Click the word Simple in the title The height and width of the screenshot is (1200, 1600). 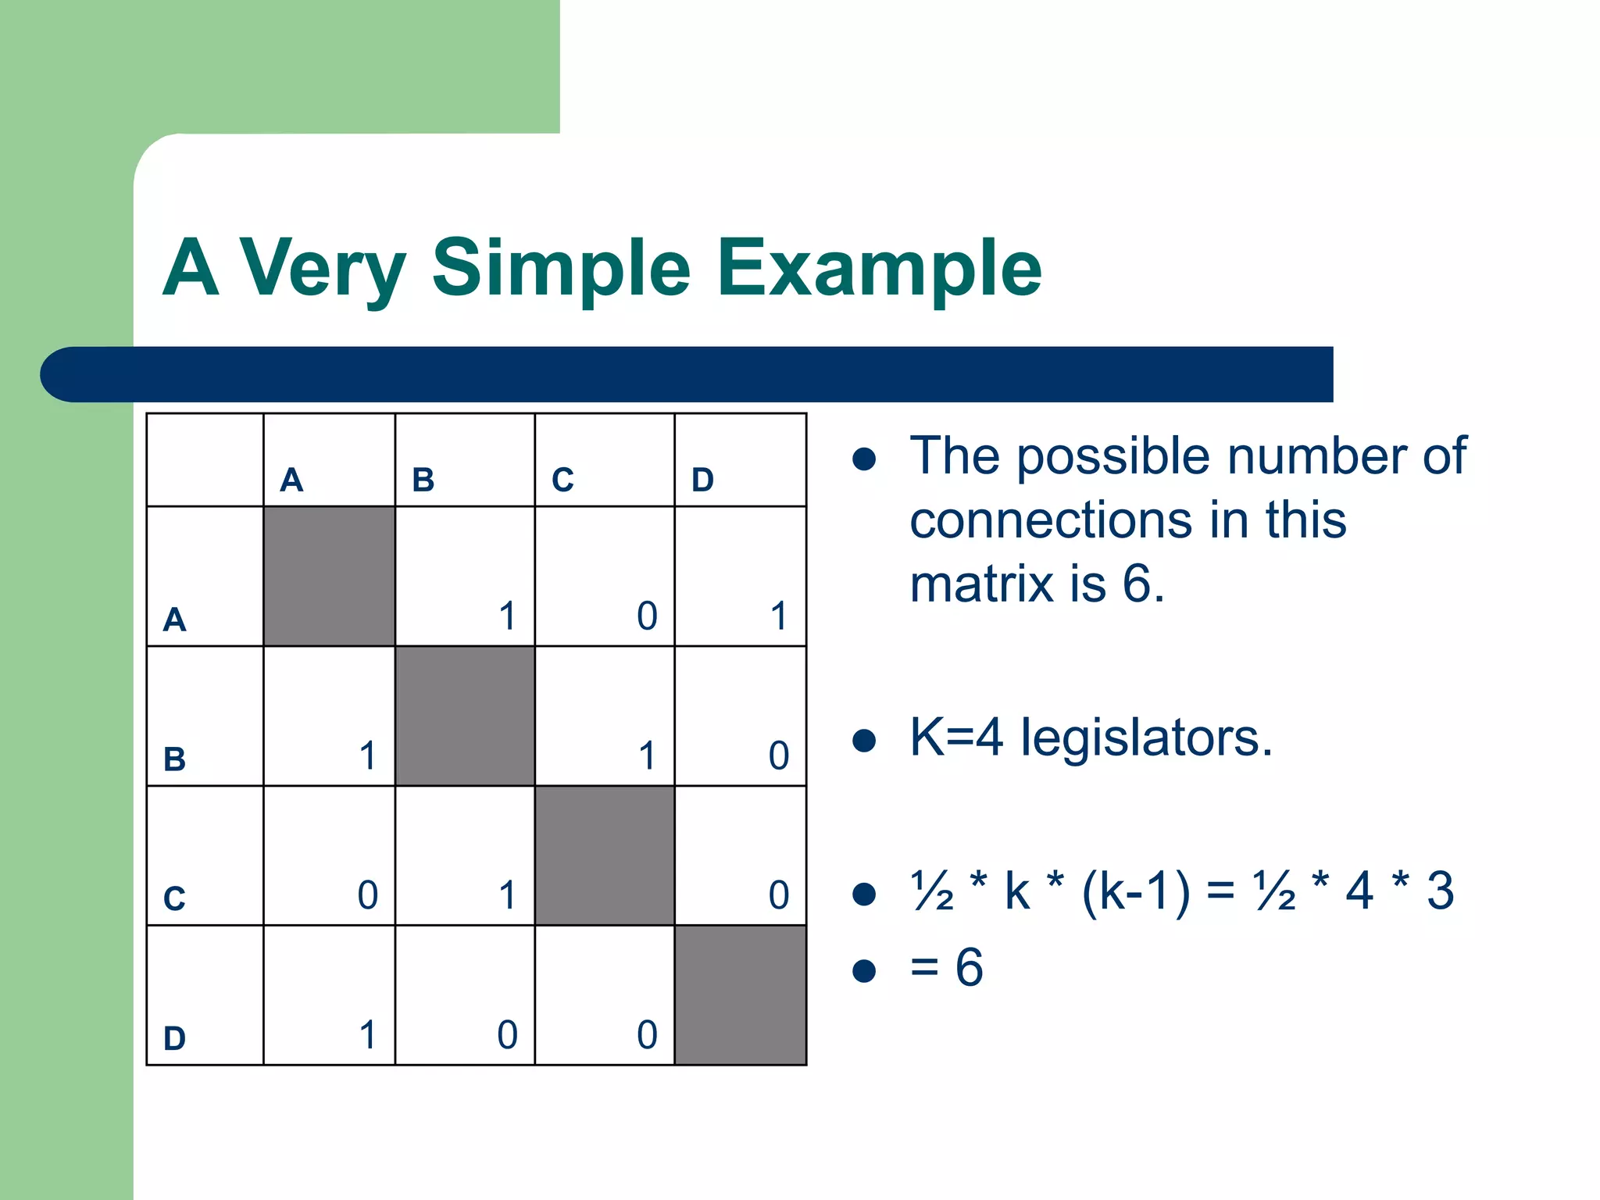point(561,270)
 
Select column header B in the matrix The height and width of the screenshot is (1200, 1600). point(423,480)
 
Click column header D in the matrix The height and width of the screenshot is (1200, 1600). point(702,480)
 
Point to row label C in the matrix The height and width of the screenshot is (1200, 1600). point(174,898)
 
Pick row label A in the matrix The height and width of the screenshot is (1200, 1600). point(174,620)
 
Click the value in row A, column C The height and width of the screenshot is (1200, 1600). point(647,616)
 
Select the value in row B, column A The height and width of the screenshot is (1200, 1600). point(367,755)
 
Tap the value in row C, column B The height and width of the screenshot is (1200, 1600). point(507,895)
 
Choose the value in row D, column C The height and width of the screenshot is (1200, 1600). point(647,1034)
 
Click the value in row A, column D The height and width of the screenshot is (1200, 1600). point(778,616)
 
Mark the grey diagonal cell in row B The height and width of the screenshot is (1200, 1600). point(465,716)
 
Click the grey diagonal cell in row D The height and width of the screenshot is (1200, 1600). point(740,995)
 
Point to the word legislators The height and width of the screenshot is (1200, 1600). point(1146,737)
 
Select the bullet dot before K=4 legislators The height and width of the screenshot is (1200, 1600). point(863,740)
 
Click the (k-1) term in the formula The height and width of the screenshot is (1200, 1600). point(1136,891)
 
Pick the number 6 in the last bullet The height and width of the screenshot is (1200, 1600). point(969,967)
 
